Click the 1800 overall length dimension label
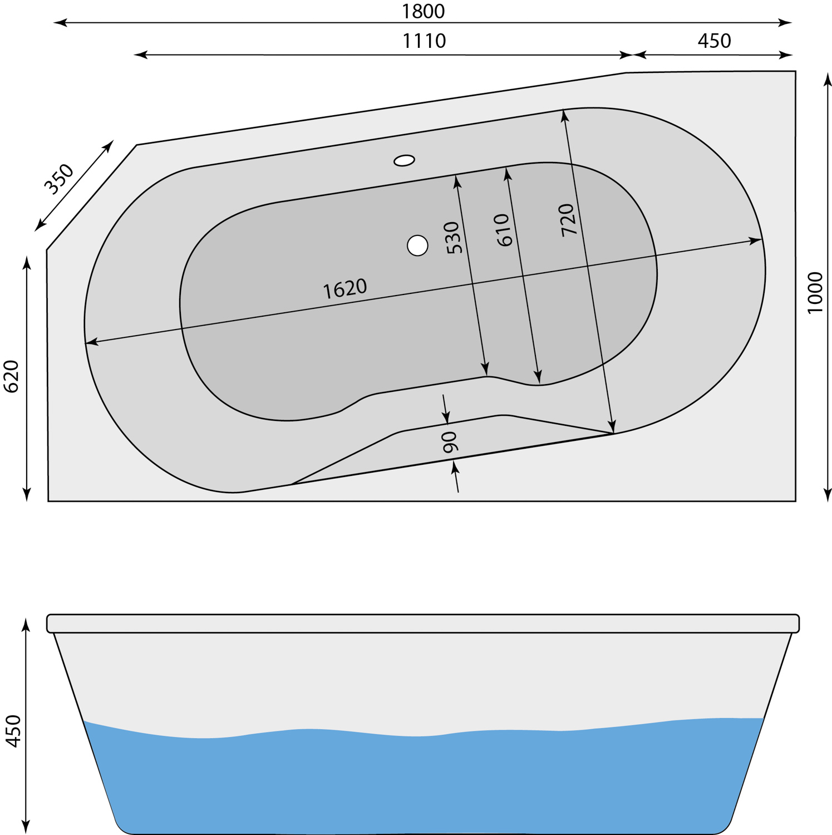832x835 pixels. point(424,11)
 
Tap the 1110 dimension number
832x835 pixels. point(424,41)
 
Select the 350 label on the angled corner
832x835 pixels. point(59,179)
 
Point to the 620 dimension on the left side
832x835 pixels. point(12,376)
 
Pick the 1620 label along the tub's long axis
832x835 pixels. point(345,288)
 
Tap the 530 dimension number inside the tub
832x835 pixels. point(454,238)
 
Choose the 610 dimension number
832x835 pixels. point(503,230)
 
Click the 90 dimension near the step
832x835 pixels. point(449,442)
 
